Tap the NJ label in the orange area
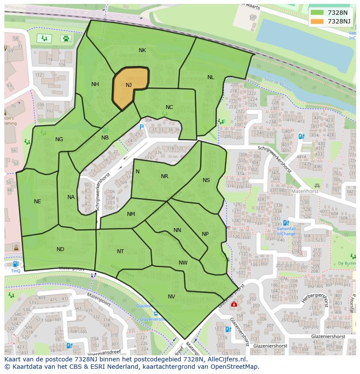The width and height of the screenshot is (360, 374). (x=129, y=85)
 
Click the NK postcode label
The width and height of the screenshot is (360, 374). (x=142, y=50)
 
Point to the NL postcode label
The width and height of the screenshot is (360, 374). (x=210, y=77)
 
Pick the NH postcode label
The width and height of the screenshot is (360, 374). (x=95, y=84)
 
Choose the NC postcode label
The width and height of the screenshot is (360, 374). (x=170, y=107)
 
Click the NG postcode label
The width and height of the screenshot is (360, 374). (x=59, y=139)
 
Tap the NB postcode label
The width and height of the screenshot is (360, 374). (x=105, y=138)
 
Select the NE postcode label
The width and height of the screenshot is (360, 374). (x=37, y=202)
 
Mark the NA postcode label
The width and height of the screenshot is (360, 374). (x=71, y=197)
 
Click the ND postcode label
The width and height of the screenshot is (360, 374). (x=60, y=249)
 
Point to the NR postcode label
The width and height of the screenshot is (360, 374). (x=164, y=176)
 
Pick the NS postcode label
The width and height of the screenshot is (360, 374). (x=206, y=180)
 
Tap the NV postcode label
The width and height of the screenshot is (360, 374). (x=171, y=297)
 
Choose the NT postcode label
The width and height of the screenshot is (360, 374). (x=120, y=252)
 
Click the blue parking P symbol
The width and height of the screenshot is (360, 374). (x=141, y=127)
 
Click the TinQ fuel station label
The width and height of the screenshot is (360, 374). (x=16, y=271)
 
